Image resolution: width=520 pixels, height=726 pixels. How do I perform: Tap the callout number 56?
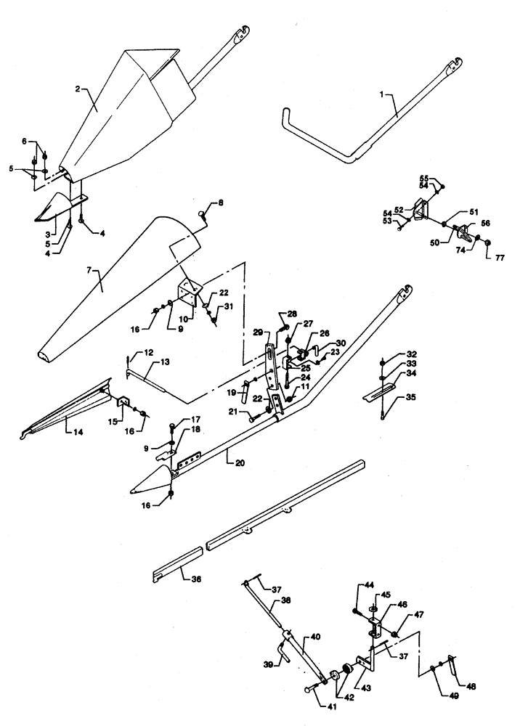(484, 224)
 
